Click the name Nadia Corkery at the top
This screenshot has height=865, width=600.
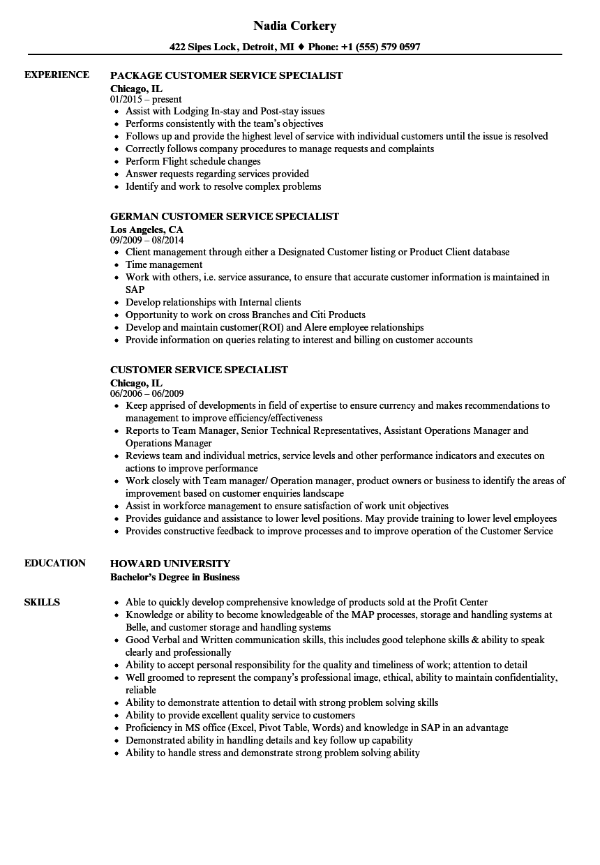tap(294, 26)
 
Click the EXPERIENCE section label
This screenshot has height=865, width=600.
tap(57, 75)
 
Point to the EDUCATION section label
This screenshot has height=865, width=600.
tap(55, 563)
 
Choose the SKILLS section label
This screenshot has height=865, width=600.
tap(42, 602)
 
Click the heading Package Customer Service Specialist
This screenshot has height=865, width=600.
tap(226, 75)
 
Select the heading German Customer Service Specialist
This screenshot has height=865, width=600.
tap(225, 216)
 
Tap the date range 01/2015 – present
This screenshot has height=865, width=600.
tap(146, 99)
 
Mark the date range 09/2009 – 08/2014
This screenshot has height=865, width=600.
tap(147, 240)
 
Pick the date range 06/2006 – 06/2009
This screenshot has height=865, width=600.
tap(147, 393)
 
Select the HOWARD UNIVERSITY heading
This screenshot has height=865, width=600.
tap(170, 564)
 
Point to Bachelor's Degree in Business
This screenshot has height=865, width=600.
tap(174, 577)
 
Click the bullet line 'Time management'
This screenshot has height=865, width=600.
tap(164, 264)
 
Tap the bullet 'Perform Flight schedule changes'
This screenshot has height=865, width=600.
tap(193, 161)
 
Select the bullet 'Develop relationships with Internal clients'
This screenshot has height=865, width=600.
tap(213, 302)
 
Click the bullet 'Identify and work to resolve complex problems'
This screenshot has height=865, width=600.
tap(223, 186)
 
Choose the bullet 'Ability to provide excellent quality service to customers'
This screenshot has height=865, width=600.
tap(240, 715)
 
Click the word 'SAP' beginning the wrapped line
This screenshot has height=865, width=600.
tap(135, 289)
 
